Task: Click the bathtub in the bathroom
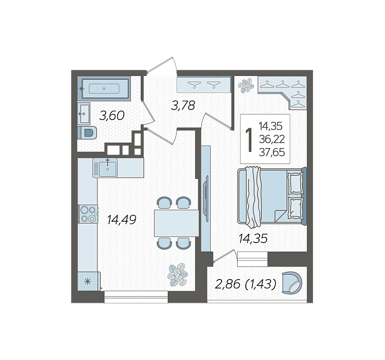pos(104,89)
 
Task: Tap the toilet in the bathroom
pos(87,133)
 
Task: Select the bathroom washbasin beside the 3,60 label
pos(84,113)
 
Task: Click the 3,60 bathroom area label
pos(112,116)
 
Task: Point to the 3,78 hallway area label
pos(183,106)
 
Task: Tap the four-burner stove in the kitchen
pos(88,214)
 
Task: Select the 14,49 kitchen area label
pos(122,220)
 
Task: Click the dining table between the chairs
pos(177,223)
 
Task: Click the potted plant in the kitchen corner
pos(178,275)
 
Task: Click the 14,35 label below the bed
pos(253,238)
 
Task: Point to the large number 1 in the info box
pos(250,140)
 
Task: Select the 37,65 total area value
pos(272,152)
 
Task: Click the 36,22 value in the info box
pos(272,140)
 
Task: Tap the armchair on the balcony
pos(291,282)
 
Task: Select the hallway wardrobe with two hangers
pos(204,85)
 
